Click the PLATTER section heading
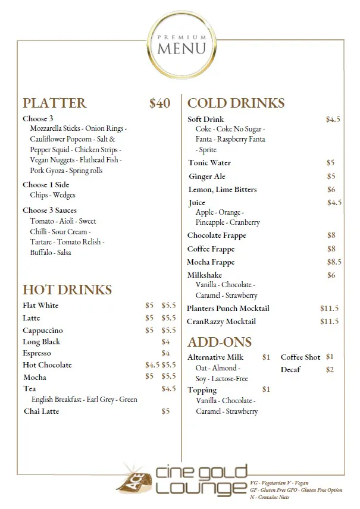(x=54, y=103)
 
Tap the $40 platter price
(x=159, y=103)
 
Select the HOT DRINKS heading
(x=67, y=290)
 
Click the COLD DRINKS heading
(x=236, y=103)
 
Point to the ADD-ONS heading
(x=220, y=342)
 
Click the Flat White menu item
(x=40, y=306)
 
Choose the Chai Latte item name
(x=41, y=411)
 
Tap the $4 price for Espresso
(x=166, y=353)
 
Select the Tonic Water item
(x=209, y=163)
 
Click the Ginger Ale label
(x=207, y=177)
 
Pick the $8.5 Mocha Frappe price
(x=334, y=262)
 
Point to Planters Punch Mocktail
(x=228, y=309)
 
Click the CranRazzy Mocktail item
(x=221, y=322)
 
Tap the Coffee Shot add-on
(x=300, y=357)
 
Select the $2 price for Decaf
(x=330, y=370)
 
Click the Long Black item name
(x=42, y=342)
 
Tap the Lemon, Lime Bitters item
(x=222, y=190)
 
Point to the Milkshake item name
(x=205, y=275)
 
